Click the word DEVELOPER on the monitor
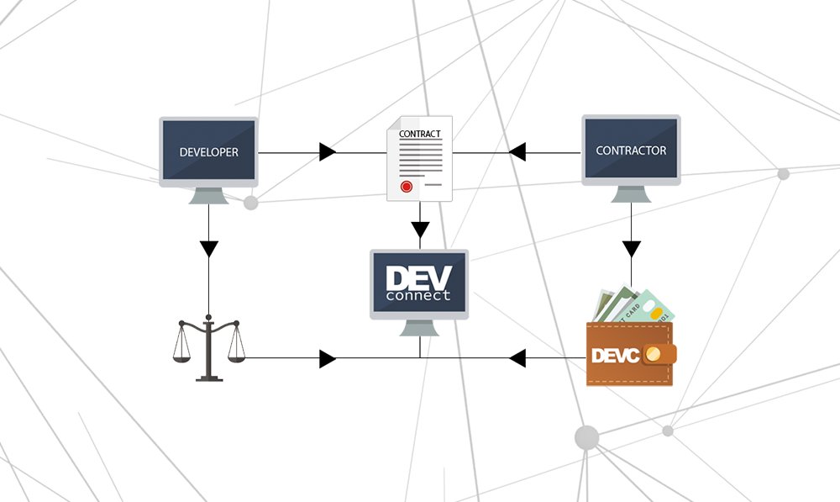coord(208,153)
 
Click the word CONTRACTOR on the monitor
coord(631,151)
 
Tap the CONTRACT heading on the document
coord(419,134)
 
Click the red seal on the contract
coord(407,185)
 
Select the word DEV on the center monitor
coord(418,277)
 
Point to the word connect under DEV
coord(418,295)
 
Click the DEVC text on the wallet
coord(616,356)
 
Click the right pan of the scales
coord(235,357)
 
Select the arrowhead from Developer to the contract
coord(328,152)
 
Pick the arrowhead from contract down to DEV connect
coord(420,229)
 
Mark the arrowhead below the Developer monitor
coord(209,249)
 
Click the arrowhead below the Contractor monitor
coord(631,249)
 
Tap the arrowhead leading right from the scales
coord(328,359)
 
